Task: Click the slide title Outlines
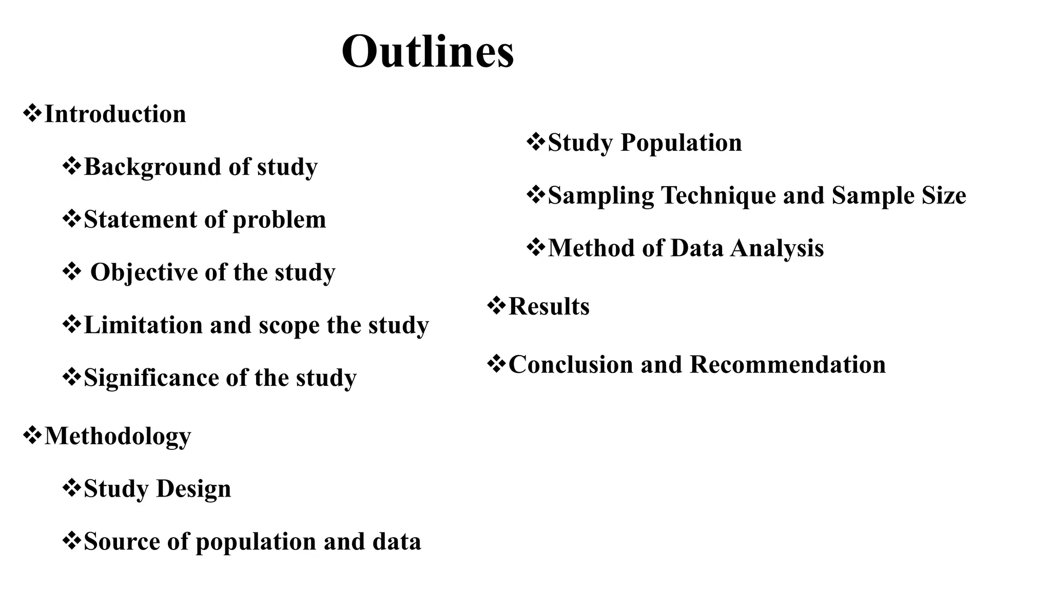[x=427, y=52]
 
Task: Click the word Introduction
[x=115, y=114]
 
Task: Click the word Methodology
[x=118, y=437]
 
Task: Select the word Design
[x=193, y=489]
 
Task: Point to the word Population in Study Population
[x=681, y=143]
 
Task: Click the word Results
[x=549, y=307]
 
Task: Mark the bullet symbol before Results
[x=496, y=306]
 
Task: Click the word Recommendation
[x=787, y=365]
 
